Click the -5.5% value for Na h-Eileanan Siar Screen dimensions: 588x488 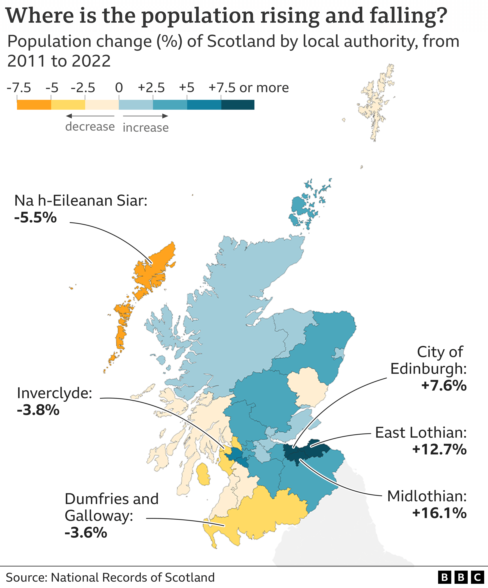pos(36,218)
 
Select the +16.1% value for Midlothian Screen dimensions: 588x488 pos(439,513)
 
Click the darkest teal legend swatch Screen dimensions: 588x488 pos(238,105)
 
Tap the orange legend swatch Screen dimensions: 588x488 pos(34,105)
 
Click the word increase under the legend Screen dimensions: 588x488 pos(146,128)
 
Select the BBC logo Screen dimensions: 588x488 pos(461,577)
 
